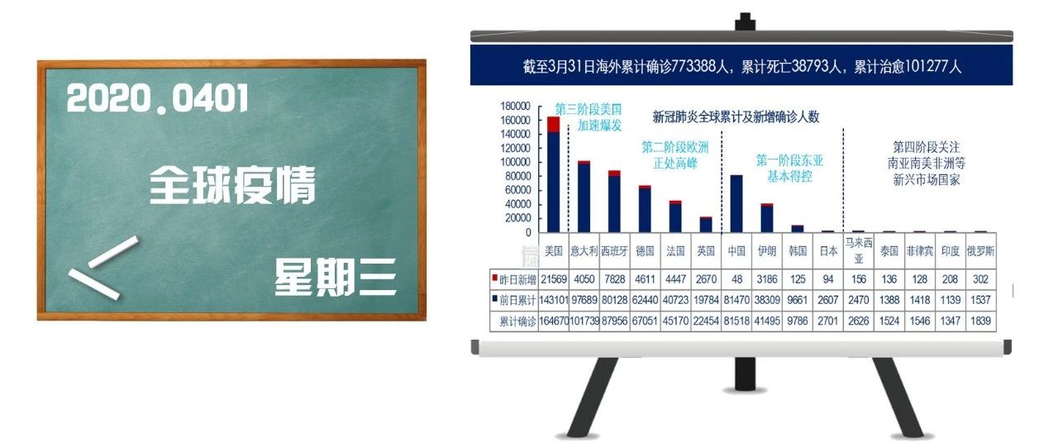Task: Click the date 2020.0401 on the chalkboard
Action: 157,98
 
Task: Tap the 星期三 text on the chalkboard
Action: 335,278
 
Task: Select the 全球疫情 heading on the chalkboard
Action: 232,184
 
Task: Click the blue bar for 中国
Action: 736,204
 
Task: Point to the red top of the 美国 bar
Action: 554,125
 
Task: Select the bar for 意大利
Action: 584,197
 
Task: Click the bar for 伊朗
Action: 767,218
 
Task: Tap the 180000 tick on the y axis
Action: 515,107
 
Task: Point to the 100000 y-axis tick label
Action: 515,163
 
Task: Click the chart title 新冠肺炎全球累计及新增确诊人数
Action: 736,117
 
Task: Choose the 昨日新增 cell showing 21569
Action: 554,279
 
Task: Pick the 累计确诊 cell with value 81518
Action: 736,321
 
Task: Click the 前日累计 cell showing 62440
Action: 646,300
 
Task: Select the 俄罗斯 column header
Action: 980,251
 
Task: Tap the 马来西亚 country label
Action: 859,250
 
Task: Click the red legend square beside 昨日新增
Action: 494,277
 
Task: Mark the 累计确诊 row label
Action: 517,321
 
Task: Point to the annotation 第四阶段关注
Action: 927,147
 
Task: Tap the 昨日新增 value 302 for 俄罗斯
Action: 980,279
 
